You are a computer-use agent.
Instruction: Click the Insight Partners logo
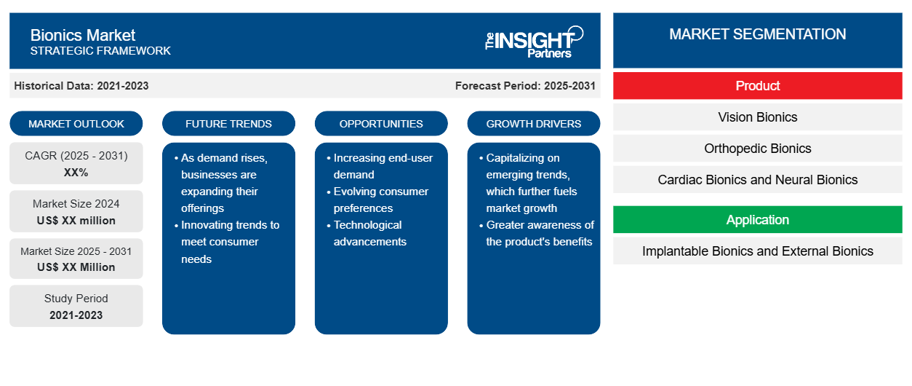tap(534, 42)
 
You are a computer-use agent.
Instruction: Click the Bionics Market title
tap(83, 36)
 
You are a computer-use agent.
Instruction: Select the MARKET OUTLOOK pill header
tap(76, 124)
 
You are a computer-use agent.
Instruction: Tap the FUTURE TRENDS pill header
tap(228, 124)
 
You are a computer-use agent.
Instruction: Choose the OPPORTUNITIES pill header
tap(381, 124)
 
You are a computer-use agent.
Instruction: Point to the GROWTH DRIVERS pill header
tap(533, 124)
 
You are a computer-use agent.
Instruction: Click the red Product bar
tap(757, 86)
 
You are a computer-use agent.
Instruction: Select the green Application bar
tap(757, 220)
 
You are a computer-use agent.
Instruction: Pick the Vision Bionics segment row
tap(757, 117)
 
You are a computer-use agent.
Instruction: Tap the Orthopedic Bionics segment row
tap(757, 149)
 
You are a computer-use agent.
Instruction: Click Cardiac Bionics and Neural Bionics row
tap(757, 180)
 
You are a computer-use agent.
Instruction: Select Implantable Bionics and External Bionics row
tap(757, 251)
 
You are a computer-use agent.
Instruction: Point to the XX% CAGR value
tap(76, 173)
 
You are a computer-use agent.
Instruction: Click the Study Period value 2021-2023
tap(76, 315)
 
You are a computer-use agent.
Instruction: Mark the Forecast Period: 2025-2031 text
tap(525, 86)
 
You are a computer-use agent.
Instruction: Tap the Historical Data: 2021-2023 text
tap(81, 86)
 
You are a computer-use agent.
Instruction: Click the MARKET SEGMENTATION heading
tap(757, 34)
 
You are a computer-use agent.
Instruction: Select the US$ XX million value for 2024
tap(76, 221)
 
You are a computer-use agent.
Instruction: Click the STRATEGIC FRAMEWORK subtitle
tap(100, 50)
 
